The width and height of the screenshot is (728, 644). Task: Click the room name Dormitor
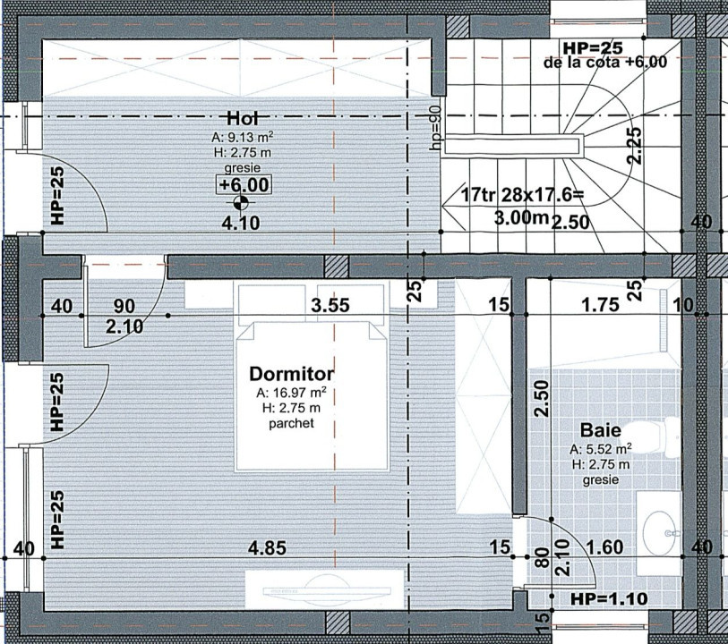tap(292, 374)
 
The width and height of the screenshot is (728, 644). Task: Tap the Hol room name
tap(243, 118)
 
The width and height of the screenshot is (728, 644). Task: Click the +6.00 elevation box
tap(243, 185)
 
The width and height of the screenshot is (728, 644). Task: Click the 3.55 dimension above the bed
tap(330, 305)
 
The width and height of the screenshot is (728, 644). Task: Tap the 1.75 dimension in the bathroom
tap(600, 305)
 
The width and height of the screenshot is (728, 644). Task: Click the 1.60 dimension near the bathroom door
tap(605, 547)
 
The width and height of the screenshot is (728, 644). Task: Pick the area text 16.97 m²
tap(292, 393)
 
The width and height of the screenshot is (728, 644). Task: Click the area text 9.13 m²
tap(243, 138)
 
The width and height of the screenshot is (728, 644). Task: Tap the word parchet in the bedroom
tap(292, 424)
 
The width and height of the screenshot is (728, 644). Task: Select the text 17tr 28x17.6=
tap(521, 195)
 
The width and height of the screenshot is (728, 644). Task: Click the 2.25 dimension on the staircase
tap(634, 144)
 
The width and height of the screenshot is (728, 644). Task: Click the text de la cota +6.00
tap(604, 63)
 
